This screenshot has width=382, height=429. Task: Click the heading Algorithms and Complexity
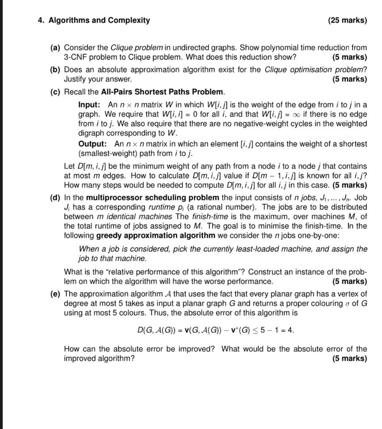99,20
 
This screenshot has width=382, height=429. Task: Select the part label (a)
55,48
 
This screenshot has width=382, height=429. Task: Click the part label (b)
55,70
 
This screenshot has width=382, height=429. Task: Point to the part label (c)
55,91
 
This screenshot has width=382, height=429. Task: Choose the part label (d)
55,198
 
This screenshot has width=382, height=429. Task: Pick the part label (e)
55,294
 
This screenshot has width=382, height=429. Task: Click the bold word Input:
89,105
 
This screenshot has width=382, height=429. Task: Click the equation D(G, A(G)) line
216,330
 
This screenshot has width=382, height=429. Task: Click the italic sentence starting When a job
223,253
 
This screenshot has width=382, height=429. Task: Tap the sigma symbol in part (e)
346,303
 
